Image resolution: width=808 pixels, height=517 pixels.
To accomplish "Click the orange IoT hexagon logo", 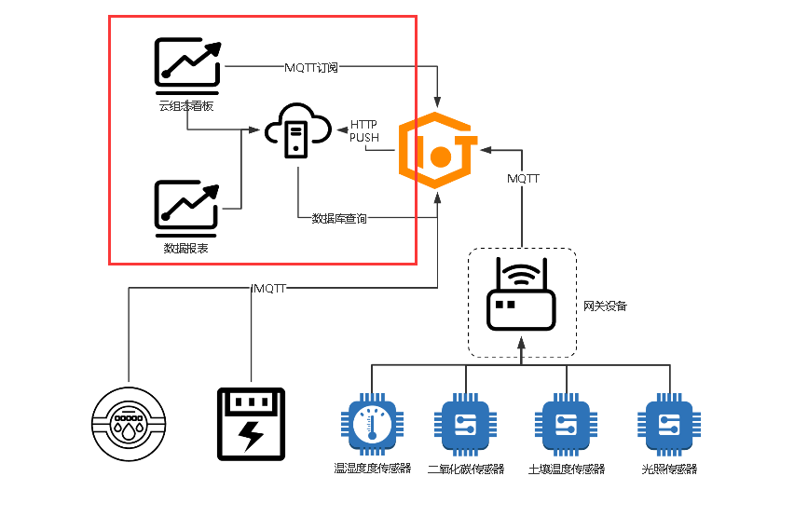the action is tap(437, 150).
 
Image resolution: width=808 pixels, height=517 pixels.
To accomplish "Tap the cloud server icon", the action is tap(298, 130).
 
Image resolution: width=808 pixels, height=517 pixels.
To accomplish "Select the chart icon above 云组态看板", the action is tap(188, 66).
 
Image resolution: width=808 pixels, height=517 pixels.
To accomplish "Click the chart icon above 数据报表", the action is tap(187, 208).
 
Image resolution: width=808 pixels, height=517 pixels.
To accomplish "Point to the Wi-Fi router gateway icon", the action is tap(521, 294).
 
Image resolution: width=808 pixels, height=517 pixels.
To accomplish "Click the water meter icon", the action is tap(129, 424).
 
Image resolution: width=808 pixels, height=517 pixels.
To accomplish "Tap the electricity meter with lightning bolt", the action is tap(251, 424).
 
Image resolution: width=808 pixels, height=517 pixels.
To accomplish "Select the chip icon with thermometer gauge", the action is tap(372, 425).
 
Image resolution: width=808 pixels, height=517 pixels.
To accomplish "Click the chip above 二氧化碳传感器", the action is tap(465, 425).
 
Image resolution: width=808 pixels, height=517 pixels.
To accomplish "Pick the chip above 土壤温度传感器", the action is tap(566, 425).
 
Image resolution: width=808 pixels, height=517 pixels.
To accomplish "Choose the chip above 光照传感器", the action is tap(669, 425).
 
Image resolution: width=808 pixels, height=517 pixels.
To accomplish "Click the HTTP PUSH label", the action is tap(363, 130).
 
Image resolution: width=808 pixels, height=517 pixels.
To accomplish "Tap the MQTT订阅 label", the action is tap(311, 67).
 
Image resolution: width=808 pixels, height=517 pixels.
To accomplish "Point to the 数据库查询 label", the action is tap(339, 218).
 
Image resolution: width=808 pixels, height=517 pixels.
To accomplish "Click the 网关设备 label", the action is tap(605, 306).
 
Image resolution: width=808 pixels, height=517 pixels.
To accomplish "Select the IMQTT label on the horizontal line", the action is tap(268, 289).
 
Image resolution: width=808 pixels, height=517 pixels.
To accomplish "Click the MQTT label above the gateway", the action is tap(523, 179).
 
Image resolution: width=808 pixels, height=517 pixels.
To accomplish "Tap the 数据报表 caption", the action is tap(186, 248).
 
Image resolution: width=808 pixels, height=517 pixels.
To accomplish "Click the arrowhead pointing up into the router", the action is tap(521, 343).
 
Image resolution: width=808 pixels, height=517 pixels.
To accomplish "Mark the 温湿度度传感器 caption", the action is tap(373, 468).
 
